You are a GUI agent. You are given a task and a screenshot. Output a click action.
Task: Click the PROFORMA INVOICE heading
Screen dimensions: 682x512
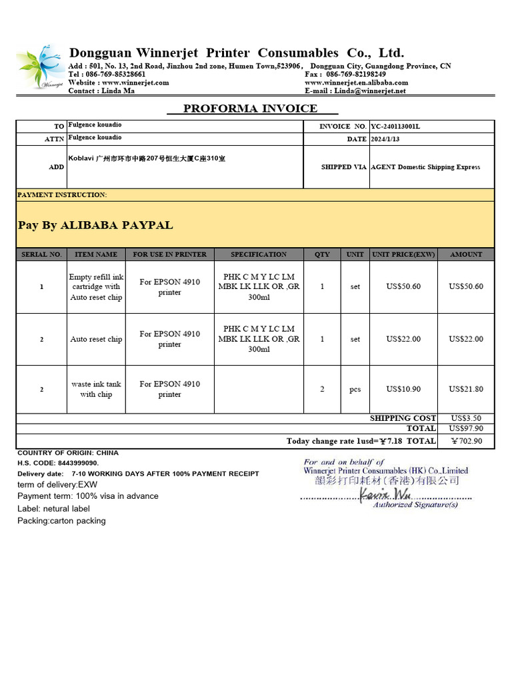click(x=251, y=109)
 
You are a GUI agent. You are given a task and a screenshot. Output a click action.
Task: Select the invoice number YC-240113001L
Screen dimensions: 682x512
click(x=396, y=126)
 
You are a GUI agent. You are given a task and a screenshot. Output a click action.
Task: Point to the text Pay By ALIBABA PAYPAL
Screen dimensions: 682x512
click(x=95, y=225)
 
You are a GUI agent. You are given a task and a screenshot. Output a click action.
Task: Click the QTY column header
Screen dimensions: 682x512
click(x=322, y=254)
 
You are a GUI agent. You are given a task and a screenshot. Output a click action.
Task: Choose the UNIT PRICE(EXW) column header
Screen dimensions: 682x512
click(x=403, y=254)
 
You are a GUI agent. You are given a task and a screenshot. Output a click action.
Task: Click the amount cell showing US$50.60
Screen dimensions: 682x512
click(x=466, y=286)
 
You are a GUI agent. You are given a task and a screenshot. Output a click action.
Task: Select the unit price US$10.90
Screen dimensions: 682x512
click(x=403, y=389)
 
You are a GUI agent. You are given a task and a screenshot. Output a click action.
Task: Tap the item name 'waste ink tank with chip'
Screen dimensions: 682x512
click(x=97, y=389)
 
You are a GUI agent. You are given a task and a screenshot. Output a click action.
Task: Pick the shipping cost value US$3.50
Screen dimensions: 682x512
click(x=466, y=418)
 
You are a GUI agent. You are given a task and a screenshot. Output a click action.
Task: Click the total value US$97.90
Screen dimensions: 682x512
click(x=466, y=428)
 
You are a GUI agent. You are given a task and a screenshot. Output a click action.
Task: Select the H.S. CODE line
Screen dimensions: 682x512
click(x=58, y=463)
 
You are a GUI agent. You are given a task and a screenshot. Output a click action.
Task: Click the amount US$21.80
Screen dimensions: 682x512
click(x=466, y=389)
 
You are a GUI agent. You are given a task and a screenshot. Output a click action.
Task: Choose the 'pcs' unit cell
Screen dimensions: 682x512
click(x=355, y=390)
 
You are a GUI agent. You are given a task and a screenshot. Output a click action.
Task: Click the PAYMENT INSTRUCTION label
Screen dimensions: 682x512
click(x=62, y=195)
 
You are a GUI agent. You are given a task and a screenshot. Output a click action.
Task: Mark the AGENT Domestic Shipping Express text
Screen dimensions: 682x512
click(x=425, y=167)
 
